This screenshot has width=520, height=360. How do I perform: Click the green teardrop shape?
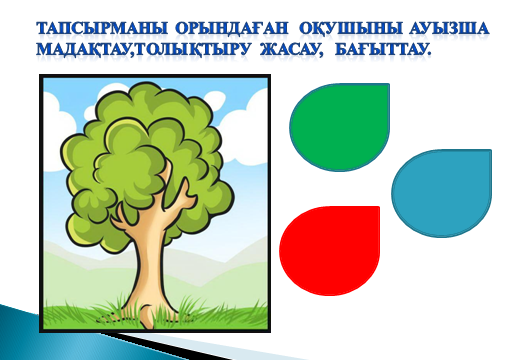[x=340, y=127]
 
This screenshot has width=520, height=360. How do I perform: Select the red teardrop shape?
[x=329, y=251]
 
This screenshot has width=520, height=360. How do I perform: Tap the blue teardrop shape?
[x=442, y=193]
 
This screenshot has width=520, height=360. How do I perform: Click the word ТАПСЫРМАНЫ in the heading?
[x=102, y=28]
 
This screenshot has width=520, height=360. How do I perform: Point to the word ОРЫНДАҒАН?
[x=231, y=29]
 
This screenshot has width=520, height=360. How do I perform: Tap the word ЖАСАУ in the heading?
[x=292, y=49]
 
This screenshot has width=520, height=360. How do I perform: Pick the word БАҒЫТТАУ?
[x=383, y=49]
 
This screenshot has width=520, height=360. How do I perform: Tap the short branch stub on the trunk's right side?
[x=185, y=197]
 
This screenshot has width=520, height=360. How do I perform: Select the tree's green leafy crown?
[x=147, y=160]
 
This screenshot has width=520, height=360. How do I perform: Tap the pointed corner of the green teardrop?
[x=389, y=85]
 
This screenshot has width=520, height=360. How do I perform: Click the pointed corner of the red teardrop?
[x=379, y=207]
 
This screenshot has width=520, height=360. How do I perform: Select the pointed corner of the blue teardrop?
[x=491, y=150]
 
